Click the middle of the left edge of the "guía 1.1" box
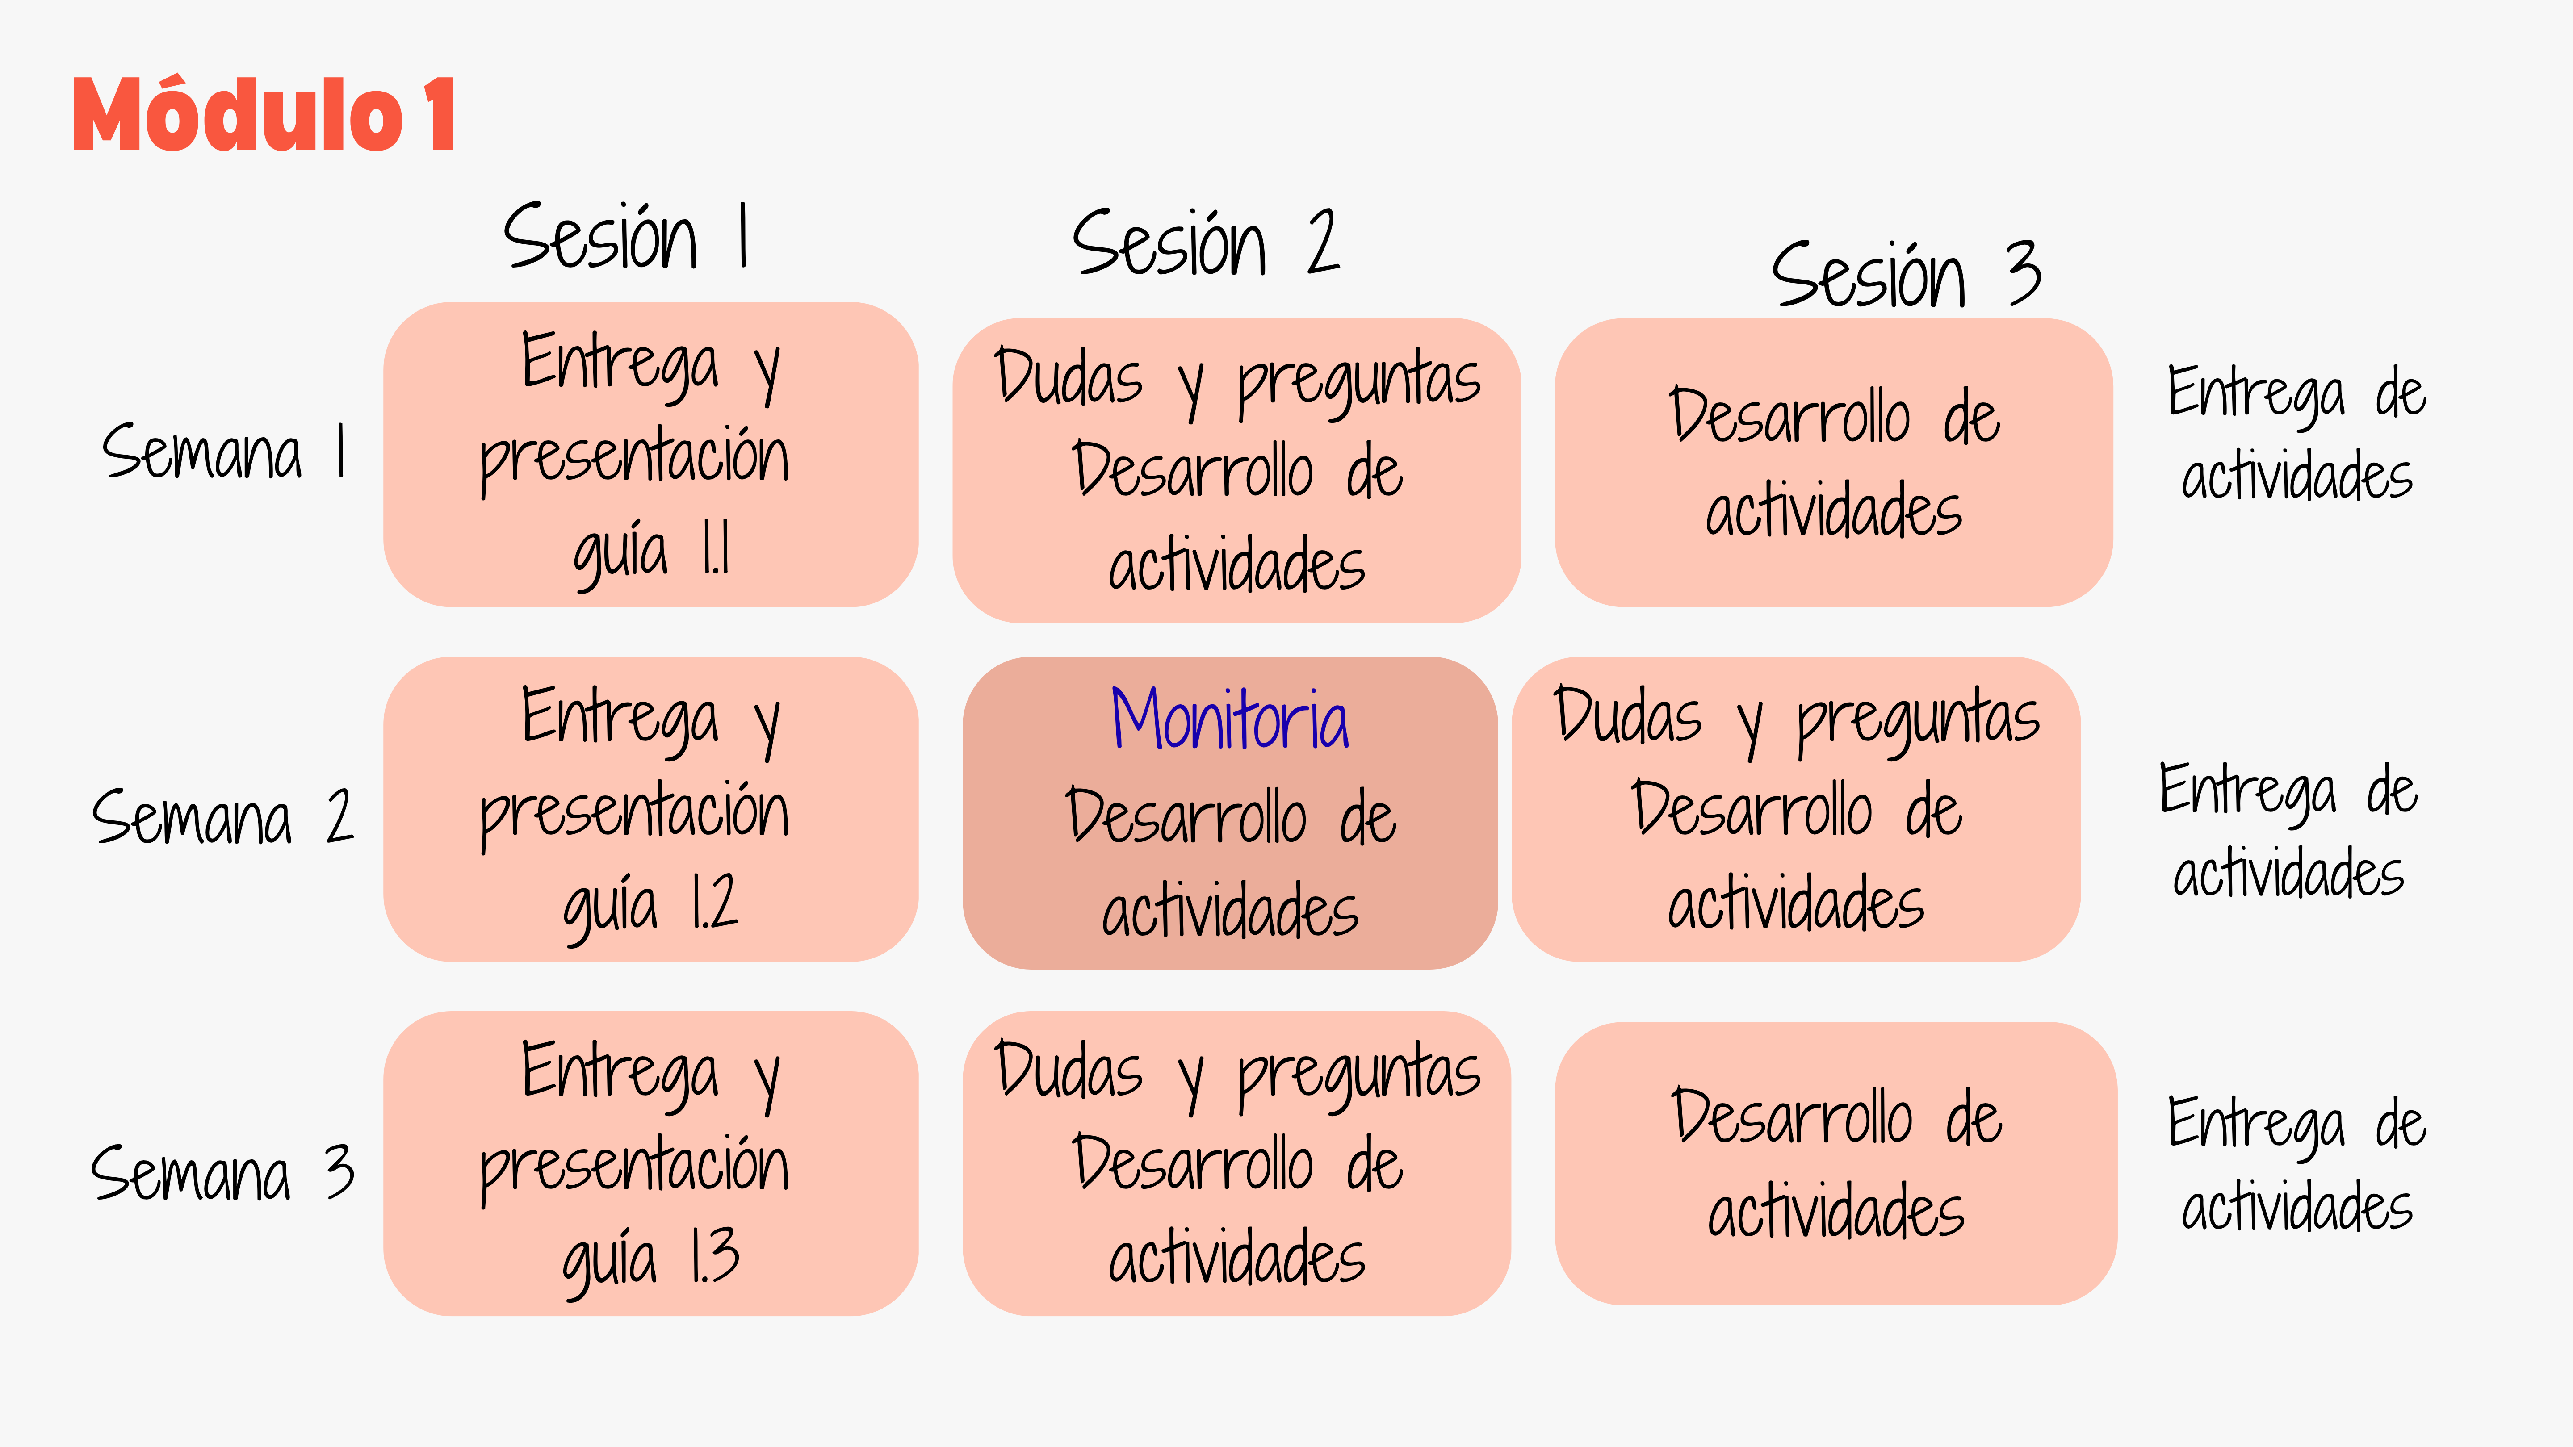pyautogui.click(x=385, y=454)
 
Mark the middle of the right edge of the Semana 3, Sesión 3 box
pyautogui.click(x=2116, y=1163)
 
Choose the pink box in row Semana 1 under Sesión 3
pyautogui.click(x=1834, y=462)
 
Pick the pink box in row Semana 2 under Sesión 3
pyautogui.click(x=1796, y=809)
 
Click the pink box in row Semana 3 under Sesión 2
pyautogui.click(x=1236, y=1163)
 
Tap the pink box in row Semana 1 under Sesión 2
pyautogui.click(x=1236, y=470)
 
